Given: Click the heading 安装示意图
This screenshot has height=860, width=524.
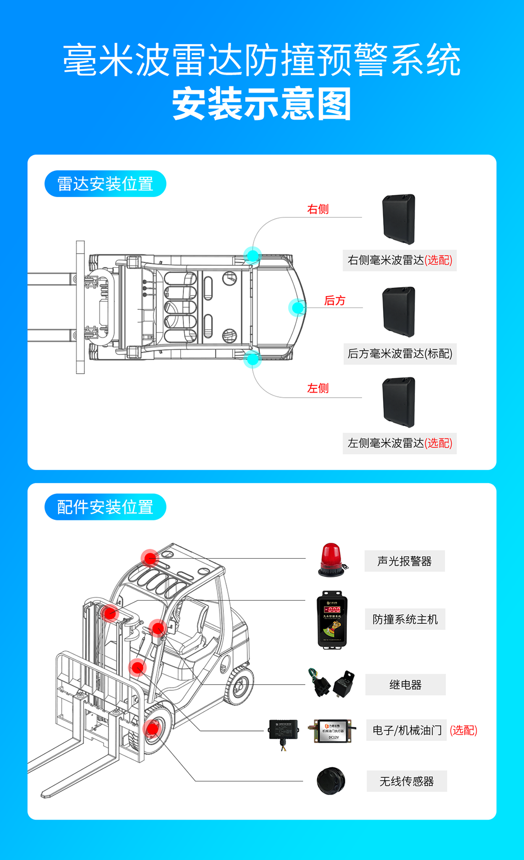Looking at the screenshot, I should [261, 104].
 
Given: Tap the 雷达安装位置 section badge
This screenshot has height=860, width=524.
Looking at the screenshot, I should [105, 184].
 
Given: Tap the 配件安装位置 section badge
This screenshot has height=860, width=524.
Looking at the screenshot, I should [105, 507].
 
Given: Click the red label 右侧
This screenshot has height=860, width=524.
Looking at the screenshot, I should [318, 209].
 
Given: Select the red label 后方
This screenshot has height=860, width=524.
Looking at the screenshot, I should [335, 300].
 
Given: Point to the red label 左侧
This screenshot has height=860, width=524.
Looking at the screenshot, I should [318, 388].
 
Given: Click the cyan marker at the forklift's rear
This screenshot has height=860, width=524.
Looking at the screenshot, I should [297, 307].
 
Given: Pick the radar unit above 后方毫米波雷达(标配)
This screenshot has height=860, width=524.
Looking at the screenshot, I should [399, 312].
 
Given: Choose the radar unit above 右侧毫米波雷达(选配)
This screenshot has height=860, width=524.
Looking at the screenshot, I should [399, 219].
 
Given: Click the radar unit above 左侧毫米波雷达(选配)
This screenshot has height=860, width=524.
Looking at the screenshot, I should [399, 402].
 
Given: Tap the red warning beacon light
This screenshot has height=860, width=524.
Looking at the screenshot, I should [332, 560].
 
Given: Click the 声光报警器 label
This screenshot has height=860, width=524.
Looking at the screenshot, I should [405, 561].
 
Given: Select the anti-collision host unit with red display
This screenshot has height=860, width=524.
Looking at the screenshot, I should [332, 619].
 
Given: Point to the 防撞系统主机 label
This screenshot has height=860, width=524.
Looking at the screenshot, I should [405, 619].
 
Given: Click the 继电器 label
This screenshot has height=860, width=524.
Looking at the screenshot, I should [406, 685].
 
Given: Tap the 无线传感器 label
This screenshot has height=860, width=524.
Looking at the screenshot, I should [407, 781].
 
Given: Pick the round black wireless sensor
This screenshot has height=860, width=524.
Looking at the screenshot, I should [331, 781].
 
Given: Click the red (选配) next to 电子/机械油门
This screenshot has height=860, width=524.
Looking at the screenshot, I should [464, 730].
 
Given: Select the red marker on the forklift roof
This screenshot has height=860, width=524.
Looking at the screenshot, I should [150, 558].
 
